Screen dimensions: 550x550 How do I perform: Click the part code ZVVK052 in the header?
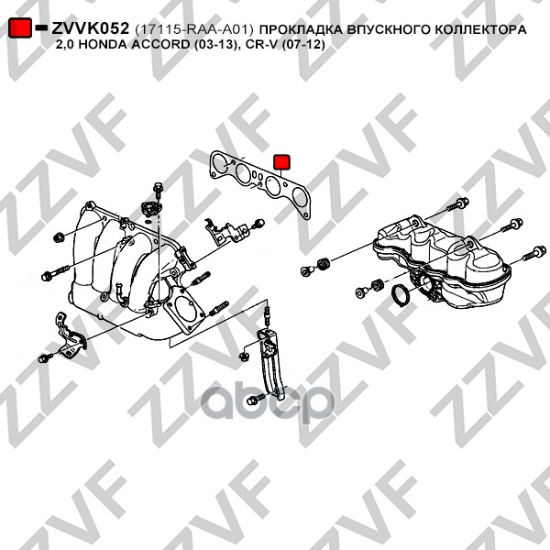(x=91, y=28)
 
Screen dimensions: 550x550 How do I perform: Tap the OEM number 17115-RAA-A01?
(x=194, y=29)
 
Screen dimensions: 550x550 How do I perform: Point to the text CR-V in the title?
(x=264, y=45)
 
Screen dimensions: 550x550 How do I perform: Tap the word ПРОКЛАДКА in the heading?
(x=302, y=29)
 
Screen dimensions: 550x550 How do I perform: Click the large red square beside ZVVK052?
(x=19, y=27)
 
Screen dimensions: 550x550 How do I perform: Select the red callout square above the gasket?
(x=281, y=161)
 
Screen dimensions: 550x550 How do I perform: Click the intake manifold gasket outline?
(x=260, y=184)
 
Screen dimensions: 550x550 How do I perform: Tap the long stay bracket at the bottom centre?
(x=271, y=363)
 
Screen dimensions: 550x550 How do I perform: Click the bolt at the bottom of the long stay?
(x=256, y=399)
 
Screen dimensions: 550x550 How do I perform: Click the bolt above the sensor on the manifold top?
(x=158, y=190)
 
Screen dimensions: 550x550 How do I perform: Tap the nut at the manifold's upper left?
(x=58, y=237)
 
